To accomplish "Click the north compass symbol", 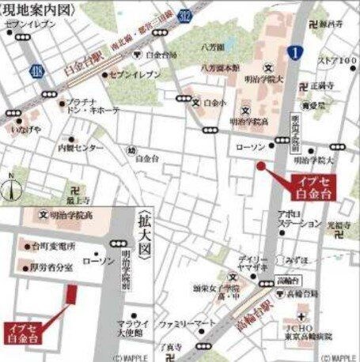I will coord(9,188).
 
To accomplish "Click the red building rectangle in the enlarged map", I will coord(71,295).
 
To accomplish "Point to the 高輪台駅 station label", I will coord(252,307).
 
